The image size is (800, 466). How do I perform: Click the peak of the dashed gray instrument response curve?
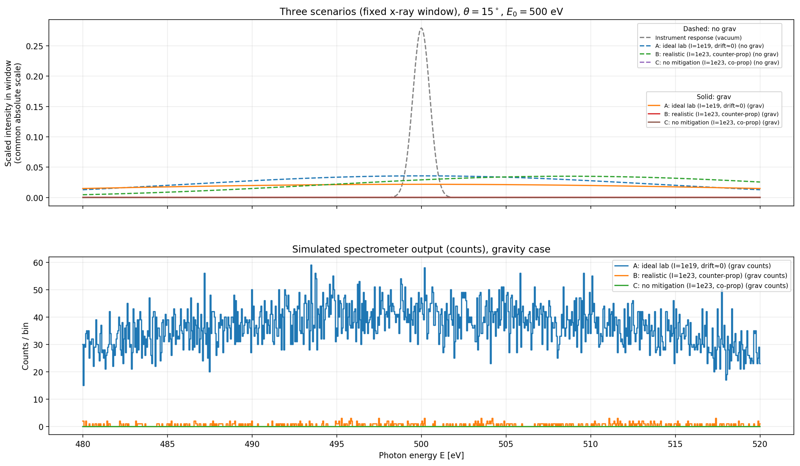421,28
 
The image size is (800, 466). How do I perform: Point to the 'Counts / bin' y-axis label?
25,346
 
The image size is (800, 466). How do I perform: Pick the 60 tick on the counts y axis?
38,263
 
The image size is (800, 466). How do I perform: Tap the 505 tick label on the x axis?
506,444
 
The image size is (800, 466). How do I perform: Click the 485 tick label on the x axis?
167,444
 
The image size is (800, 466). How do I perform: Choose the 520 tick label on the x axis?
760,444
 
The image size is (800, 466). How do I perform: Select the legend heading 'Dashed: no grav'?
709,29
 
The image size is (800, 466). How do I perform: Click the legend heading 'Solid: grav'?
714,97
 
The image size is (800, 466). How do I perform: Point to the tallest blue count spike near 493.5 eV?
311,265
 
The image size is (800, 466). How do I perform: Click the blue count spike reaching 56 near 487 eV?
204,274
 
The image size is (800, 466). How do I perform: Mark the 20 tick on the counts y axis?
38,372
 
